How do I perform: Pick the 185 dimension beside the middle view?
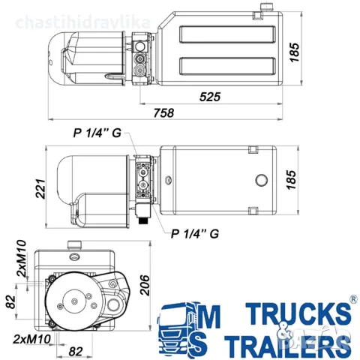tap(294, 180)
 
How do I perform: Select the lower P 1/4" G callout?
tap(194, 232)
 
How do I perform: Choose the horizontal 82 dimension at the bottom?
tap(76, 349)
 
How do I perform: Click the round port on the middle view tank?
tap(261, 180)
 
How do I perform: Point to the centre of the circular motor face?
tap(76, 303)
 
